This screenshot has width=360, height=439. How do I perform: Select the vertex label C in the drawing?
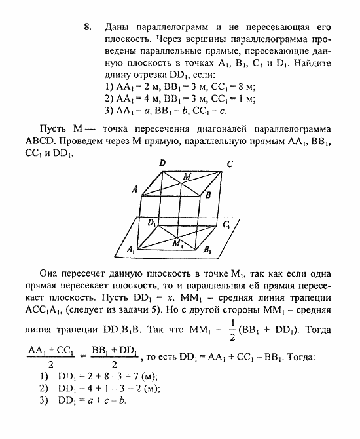tap(229, 164)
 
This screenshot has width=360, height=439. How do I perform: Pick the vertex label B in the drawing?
tap(207, 195)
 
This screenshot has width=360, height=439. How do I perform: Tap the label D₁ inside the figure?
tap(152, 223)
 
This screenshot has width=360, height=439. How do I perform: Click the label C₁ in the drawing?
tap(226, 225)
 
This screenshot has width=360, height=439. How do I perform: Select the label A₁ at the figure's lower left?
tap(131, 250)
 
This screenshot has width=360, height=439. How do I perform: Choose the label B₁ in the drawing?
tap(207, 250)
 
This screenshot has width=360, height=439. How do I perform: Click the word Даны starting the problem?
tap(117, 28)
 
